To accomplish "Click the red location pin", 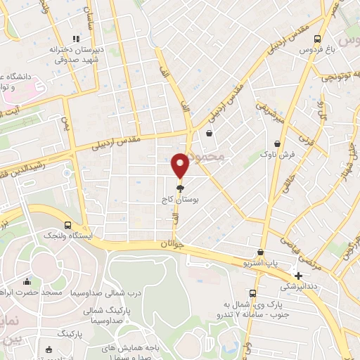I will (181, 165).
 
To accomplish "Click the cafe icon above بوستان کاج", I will (181, 188).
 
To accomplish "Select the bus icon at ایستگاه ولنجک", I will (67, 226).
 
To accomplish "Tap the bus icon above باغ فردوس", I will (318, 39).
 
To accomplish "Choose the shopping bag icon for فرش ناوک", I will (278, 143).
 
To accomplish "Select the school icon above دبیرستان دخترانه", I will (77, 40).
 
